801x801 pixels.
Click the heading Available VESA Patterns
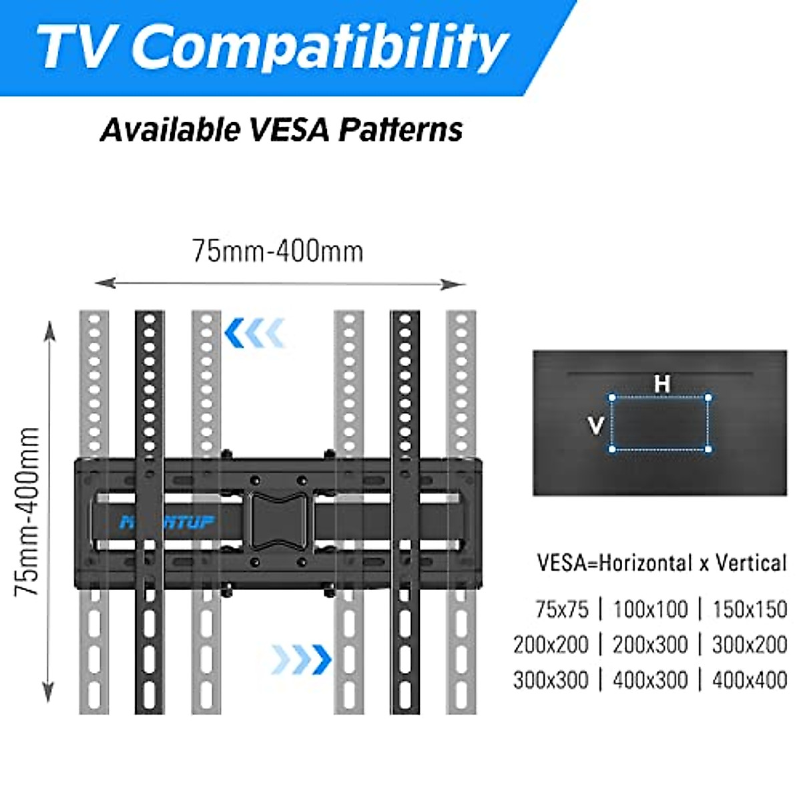click(281, 129)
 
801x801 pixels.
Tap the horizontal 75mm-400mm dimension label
click(278, 252)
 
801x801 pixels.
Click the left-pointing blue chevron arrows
click(255, 333)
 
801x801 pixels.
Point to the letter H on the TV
click(661, 384)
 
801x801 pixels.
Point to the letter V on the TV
click(596, 425)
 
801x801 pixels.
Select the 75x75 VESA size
click(562, 609)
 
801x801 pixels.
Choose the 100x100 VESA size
click(650, 609)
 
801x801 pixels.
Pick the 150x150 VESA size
click(750, 609)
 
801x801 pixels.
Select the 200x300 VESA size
click(650, 645)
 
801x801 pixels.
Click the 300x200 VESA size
click(750, 645)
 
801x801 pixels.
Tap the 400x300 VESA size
click(650, 680)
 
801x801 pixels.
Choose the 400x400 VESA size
click(750, 680)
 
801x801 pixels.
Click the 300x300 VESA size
click(551, 680)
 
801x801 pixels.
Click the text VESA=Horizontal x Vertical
click(662, 563)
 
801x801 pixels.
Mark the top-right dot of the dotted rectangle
click(708, 398)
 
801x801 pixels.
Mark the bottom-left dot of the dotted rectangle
click(612, 449)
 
